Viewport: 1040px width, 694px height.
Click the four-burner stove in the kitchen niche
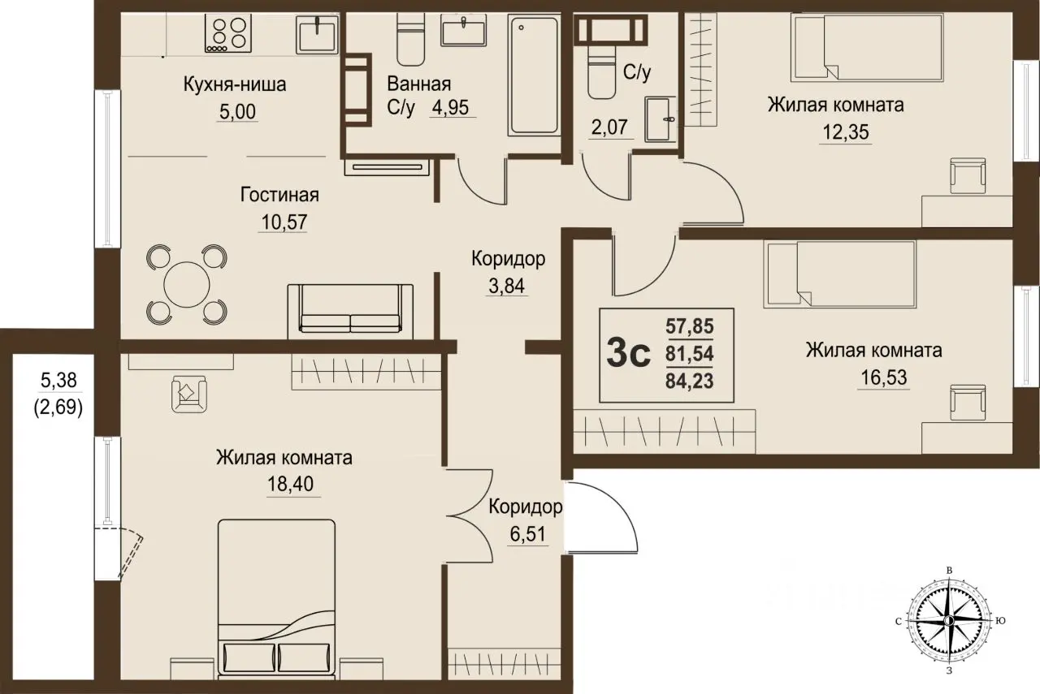[228, 32]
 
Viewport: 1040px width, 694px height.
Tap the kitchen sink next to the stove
[318, 35]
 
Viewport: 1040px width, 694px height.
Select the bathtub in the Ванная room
[534, 75]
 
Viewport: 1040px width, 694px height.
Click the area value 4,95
[450, 107]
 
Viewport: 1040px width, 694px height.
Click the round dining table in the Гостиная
[187, 284]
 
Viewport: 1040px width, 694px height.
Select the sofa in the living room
[350, 311]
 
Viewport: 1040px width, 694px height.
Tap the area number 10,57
[284, 222]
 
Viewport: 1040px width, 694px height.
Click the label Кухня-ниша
[235, 85]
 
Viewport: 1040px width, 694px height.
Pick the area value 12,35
[846, 132]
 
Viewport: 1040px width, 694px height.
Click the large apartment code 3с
[628, 355]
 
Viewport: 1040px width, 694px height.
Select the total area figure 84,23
[690, 381]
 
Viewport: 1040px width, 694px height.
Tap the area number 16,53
[884, 377]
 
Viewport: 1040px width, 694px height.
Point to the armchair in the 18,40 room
[188, 394]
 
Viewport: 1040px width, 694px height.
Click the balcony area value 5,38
[58, 381]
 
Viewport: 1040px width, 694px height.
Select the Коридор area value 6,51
[528, 534]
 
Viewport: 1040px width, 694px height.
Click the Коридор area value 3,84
[506, 287]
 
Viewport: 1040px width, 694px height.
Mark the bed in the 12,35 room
[867, 47]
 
